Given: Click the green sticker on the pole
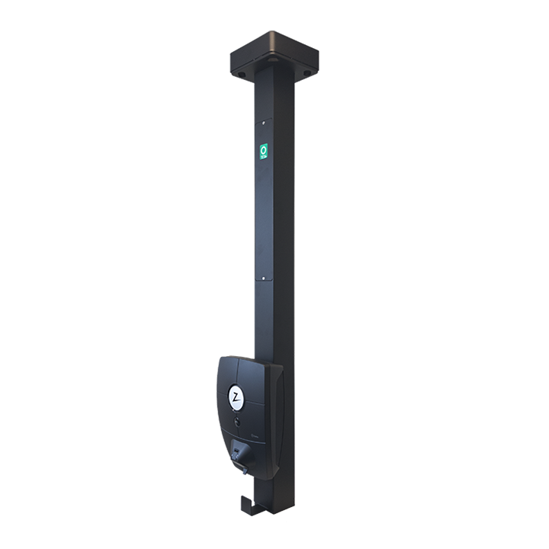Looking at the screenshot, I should [264, 152].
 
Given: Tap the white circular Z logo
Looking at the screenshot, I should [237, 397].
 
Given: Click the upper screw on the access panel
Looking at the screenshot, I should [263, 121].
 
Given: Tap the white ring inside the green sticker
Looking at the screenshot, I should [264, 149].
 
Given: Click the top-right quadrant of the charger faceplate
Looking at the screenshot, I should [255, 374].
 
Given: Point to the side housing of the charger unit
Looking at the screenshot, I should [275, 412].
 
